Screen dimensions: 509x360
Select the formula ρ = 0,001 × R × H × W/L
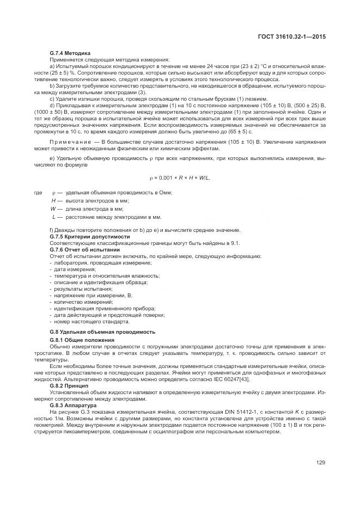click(180, 178)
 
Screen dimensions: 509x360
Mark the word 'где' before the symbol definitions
click(38, 193)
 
